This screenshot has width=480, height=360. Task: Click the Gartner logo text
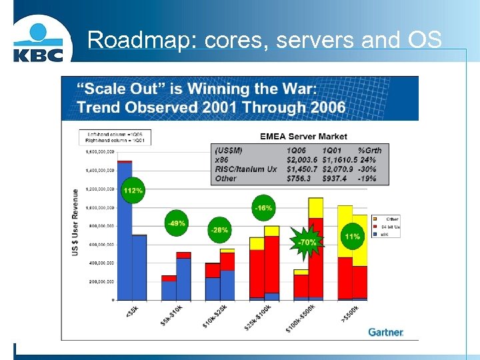coord(386,331)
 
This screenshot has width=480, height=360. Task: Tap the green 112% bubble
coord(133,190)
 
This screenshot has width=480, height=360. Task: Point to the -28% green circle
coord(219,230)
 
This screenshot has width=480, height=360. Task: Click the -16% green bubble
coord(263,208)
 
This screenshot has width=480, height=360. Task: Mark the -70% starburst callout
coord(307,242)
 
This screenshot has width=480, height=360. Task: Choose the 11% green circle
coord(353,237)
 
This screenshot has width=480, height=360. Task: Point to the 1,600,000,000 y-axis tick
coord(100,151)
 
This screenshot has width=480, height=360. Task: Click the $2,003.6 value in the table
coord(303,160)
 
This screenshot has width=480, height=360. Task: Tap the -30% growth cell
coord(367,169)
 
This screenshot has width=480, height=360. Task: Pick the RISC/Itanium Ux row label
coord(245,169)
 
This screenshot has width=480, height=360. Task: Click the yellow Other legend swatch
coord(376,218)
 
